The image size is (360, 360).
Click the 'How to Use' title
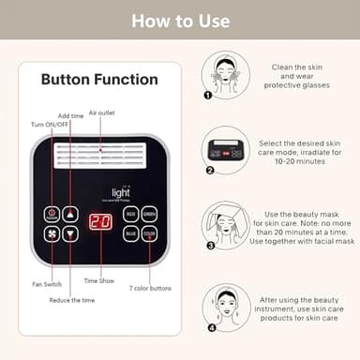point(179,20)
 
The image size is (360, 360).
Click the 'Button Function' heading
point(90,80)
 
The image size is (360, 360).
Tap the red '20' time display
point(100,222)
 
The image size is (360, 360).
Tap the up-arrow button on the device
point(71,214)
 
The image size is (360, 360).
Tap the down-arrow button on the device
point(71,233)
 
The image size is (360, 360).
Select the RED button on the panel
point(131,214)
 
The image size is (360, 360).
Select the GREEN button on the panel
point(150,214)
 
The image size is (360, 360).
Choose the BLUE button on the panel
point(131,233)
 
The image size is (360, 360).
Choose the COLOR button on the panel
point(150,233)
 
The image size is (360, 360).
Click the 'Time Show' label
point(99,279)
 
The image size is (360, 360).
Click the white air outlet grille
point(100,155)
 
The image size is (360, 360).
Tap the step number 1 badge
point(208,95)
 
